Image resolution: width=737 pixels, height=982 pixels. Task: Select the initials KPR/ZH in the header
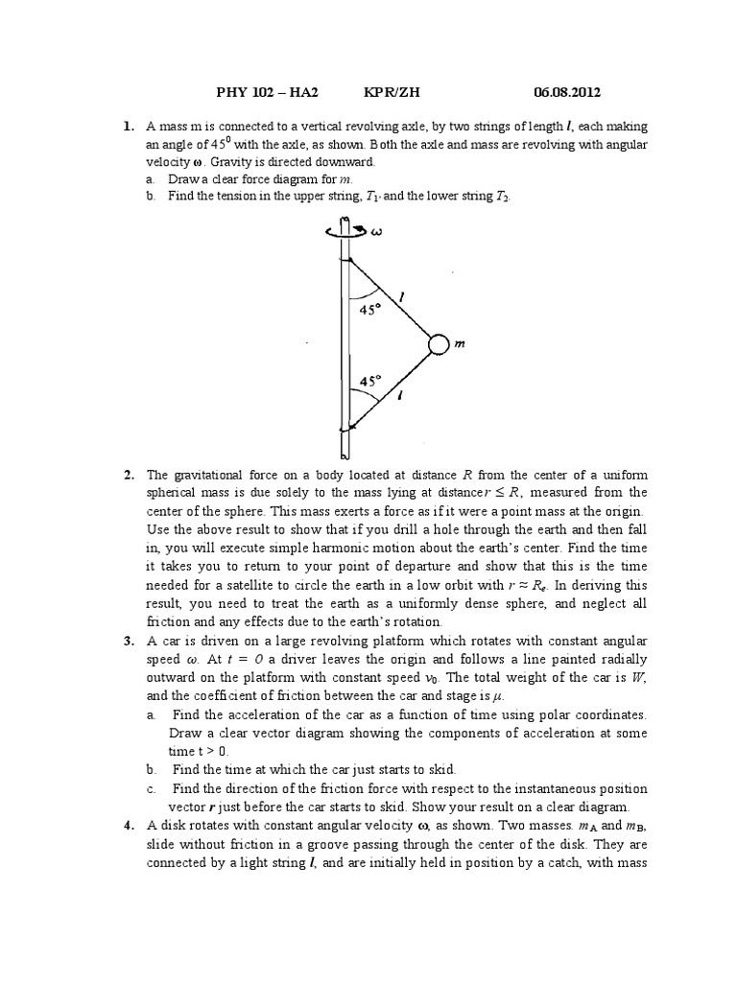click(392, 92)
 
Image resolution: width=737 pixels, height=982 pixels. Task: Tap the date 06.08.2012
click(567, 92)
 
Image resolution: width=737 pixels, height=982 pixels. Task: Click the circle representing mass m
click(438, 344)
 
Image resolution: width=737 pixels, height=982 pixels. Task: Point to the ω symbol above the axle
click(376, 229)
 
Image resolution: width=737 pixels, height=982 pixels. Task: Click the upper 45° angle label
click(370, 310)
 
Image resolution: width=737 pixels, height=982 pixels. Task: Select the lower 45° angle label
click(370, 381)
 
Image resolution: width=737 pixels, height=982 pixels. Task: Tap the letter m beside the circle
click(460, 345)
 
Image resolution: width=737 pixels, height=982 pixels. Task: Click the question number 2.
click(128, 476)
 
